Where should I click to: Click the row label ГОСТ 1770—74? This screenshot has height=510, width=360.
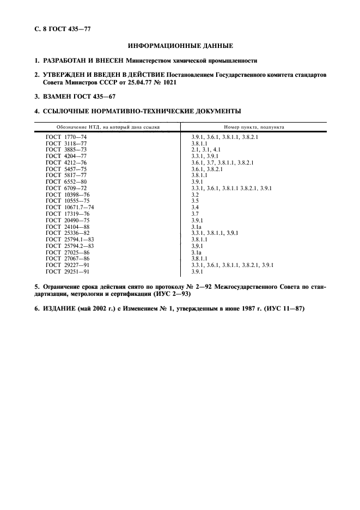pos(66,137)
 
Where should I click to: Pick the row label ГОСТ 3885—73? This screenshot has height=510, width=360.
pos(66,148)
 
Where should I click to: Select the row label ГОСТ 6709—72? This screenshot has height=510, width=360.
pos(66,188)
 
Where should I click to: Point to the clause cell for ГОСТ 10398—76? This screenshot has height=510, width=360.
pos(194,194)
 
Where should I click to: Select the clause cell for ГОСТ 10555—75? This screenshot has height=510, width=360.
pos(194,201)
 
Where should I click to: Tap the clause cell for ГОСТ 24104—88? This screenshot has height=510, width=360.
pos(197,226)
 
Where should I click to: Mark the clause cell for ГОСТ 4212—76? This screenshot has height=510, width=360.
pos(222,162)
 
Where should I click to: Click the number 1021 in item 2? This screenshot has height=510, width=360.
pos(168,82)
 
